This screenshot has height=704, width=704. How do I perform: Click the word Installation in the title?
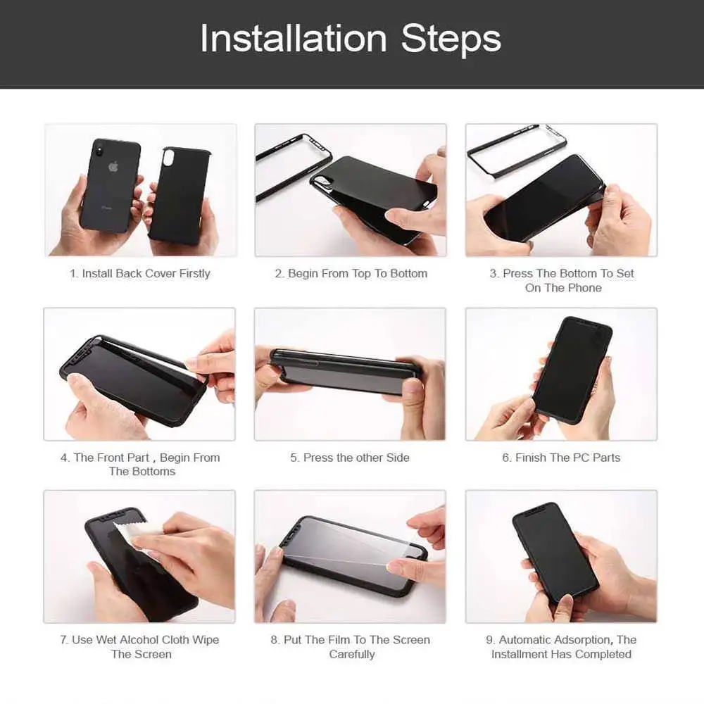[293, 39]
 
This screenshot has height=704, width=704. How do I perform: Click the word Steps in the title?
[451, 39]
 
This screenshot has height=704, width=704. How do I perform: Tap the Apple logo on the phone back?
[113, 167]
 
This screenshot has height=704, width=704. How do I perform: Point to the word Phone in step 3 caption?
[582, 288]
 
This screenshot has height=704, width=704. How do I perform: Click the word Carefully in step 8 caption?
[352, 654]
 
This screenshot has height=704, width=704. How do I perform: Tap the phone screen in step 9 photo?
[554, 554]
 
